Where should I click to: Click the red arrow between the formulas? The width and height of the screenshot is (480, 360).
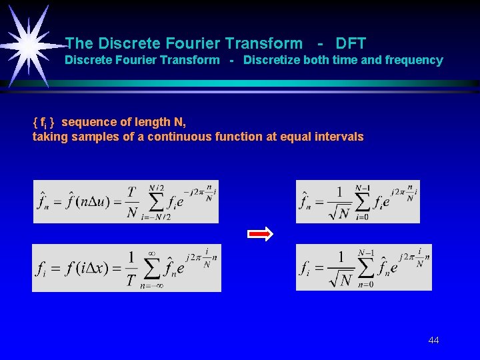[260, 234]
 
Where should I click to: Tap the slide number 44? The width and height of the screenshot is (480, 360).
[433, 341]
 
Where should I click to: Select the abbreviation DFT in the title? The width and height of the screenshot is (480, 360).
[351, 44]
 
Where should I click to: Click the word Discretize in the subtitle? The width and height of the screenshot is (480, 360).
[271, 61]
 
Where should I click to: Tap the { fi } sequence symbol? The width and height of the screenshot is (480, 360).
[45, 123]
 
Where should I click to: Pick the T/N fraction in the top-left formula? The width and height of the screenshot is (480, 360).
[132, 202]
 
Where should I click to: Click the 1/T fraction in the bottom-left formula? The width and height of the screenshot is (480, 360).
[131, 268]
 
